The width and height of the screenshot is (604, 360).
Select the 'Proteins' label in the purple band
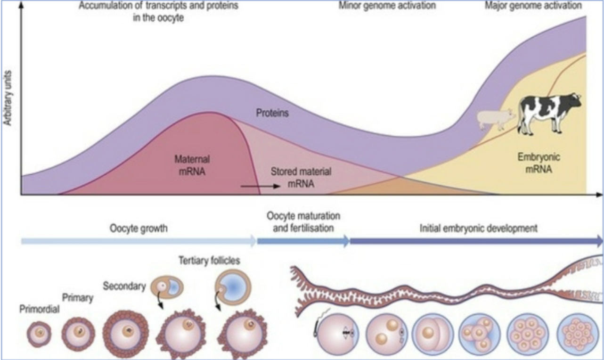coord(272,114)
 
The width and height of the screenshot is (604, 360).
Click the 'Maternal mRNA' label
coord(191,165)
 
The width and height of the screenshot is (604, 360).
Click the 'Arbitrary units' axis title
coord(8,98)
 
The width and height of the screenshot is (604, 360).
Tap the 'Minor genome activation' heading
coord(387,6)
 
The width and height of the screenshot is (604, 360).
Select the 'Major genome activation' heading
coord(533,6)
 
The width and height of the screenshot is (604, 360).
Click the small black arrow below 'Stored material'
coord(260,187)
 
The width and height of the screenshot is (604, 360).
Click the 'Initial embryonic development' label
coord(478,229)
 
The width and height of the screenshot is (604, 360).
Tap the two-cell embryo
coord(433,334)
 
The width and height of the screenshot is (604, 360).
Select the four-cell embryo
coord(479,334)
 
